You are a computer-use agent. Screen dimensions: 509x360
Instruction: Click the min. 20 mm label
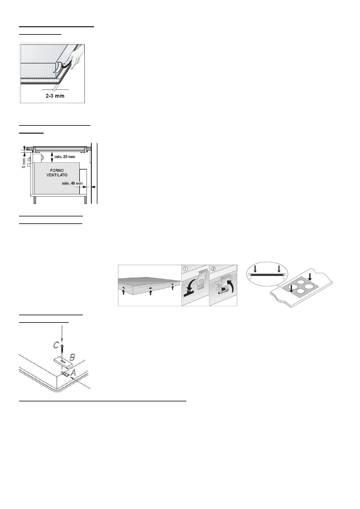(65, 157)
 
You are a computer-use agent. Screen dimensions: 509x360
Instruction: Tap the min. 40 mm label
(72, 183)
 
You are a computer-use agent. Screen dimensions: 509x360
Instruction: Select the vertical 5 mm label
(24, 163)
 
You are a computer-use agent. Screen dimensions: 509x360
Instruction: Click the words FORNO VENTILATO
(57, 173)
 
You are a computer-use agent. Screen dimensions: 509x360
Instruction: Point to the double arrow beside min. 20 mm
(52, 157)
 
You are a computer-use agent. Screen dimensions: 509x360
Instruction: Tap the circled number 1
(185, 268)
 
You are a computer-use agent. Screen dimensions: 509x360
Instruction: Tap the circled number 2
(213, 268)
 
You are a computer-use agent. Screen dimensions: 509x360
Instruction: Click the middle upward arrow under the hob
(150, 292)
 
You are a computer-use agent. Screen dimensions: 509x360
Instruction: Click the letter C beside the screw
(56, 345)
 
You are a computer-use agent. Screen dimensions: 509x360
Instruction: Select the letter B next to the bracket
(72, 357)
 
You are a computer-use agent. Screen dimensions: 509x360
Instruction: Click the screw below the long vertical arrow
(62, 349)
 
